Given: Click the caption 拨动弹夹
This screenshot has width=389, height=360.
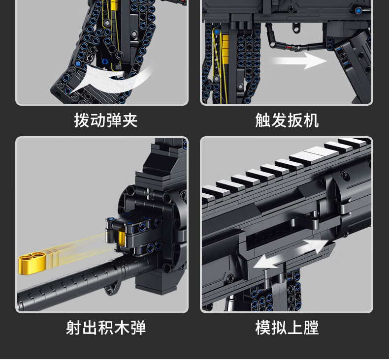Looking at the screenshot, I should (105, 120).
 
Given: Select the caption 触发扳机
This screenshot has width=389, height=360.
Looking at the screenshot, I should (287, 120).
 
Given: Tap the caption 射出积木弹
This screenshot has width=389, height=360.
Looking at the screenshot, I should (105, 328).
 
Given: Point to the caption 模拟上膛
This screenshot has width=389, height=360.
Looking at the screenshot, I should (287, 328).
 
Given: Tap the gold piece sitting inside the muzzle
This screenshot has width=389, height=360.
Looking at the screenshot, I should (123, 239).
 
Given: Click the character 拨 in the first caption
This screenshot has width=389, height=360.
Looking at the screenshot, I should (82, 120).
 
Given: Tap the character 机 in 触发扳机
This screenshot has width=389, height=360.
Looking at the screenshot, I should (311, 120).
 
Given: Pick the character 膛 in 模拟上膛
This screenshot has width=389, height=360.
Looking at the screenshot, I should (311, 328).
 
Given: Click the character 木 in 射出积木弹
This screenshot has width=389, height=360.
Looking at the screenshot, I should (122, 328).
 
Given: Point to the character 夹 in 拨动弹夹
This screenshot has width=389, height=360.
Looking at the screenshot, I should (130, 120).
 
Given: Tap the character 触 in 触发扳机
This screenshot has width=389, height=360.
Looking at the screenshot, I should (263, 120).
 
